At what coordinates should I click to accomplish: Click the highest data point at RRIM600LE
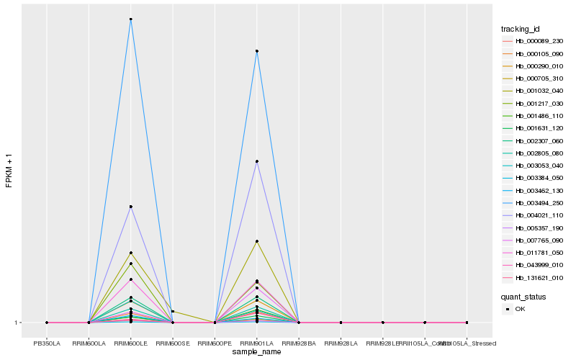[130, 19]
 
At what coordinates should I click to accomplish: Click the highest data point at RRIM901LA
[256, 51]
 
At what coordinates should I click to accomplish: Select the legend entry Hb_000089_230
[534, 41]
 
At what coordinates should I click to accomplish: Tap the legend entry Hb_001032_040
[534, 91]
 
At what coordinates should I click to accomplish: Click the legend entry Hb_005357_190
[534, 228]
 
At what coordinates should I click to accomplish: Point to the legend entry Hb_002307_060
[534, 140]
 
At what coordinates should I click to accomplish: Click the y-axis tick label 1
[17, 323]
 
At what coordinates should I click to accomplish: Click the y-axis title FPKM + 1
[9, 171]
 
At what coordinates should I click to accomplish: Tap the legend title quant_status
[523, 296]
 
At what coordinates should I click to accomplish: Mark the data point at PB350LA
[47, 323]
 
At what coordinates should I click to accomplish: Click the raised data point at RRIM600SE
[173, 311]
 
